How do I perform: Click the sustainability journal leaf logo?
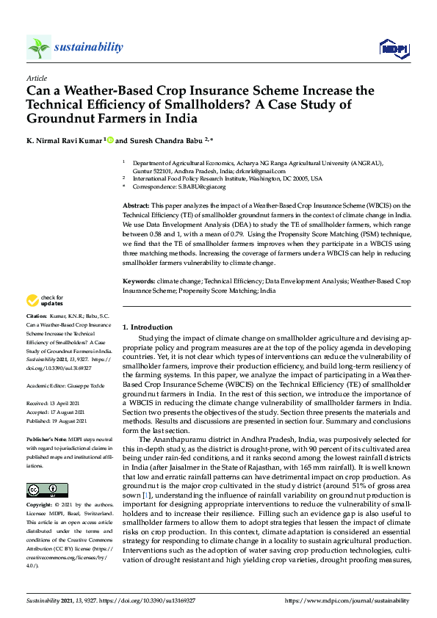pyautogui.click(x=38, y=48)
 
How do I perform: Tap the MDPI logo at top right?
pyautogui.click(x=394, y=48)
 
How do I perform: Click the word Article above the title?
pyautogui.click(x=36, y=78)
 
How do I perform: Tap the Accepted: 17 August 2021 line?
pyautogui.click(x=59, y=412)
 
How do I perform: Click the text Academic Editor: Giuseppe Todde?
pyautogui.click(x=64, y=385)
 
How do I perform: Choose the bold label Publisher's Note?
pyautogui.click(x=49, y=437)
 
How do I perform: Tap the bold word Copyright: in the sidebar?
pyautogui.click(x=40, y=506)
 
